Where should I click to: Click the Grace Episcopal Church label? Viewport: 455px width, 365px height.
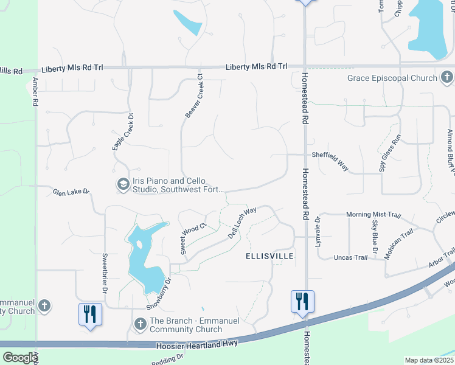[392, 78]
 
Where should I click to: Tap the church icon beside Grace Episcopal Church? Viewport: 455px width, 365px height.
[447, 77]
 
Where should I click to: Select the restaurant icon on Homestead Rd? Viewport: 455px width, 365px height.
[302, 301]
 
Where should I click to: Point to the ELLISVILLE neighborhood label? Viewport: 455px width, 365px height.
[269, 257]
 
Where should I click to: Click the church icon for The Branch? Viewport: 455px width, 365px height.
[139, 324]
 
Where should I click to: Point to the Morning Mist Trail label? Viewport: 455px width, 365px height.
[374, 215]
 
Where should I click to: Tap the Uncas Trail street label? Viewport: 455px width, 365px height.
[351, 257]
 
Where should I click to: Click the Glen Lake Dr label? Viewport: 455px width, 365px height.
[71, 192]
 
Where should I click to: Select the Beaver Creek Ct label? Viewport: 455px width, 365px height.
[193, 97]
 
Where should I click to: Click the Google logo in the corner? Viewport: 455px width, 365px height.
[19, 358]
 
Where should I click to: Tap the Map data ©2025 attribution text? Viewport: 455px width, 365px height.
[429, 360]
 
